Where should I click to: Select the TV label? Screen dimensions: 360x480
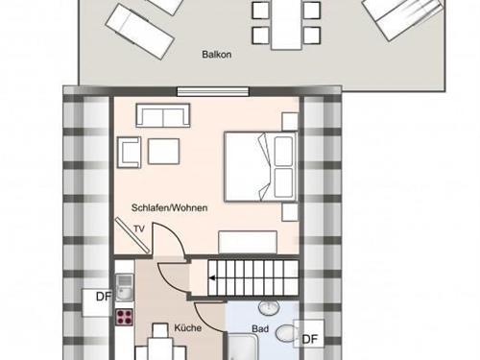[139, 228]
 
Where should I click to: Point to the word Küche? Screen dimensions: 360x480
[187, 327]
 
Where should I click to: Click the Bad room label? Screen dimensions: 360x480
[259, 327]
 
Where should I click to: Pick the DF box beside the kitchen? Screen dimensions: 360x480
[102, 297]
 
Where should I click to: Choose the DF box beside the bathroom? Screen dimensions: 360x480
[309, 339]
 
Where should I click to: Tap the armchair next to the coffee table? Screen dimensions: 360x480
[130, 151]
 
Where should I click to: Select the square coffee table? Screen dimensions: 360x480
[163, 151]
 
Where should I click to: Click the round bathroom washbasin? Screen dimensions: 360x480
[268, 306]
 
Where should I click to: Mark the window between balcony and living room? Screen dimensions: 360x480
[206, 92]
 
